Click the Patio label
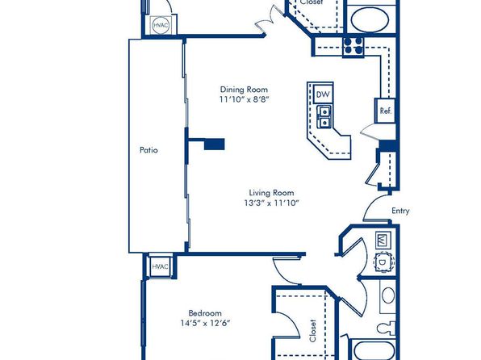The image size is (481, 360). (x=148, y=150)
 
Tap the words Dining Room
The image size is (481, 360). (x=244, y=90)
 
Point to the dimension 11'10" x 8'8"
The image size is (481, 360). (x=244, y=99)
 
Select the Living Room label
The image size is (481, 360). (x=271, y=193)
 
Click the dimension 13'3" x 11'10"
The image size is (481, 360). (x=271, y=203)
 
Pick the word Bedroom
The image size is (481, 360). (x=205, y=313)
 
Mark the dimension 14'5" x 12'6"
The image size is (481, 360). (x=205, y=323)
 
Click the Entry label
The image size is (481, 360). (x=400, y=211)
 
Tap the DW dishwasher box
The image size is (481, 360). (x=323, y=94)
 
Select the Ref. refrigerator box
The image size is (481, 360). (x=385, y=111)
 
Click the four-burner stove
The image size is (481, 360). (x=353, y=46)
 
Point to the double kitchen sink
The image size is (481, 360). (x=324, y=117)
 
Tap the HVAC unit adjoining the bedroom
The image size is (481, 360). (x=160, y=266)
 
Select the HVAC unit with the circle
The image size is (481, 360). (x=161, y=25)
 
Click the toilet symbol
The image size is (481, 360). (x=387, y=328)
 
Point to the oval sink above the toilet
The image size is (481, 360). (x=387, y=295)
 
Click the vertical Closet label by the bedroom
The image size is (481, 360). (x=312, y=330)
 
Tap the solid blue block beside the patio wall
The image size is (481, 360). (x=215, y=144)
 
